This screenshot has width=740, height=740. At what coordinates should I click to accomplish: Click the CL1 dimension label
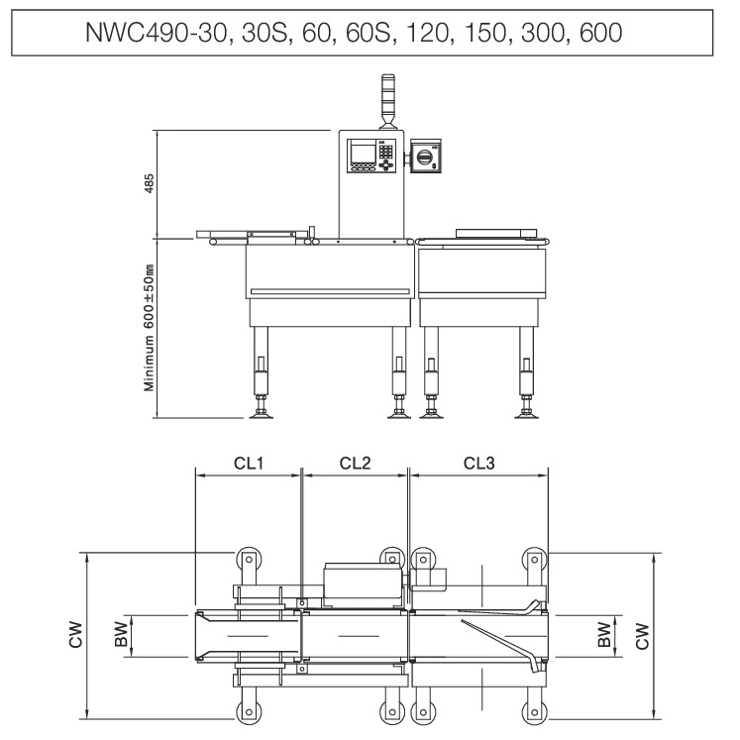(249, 463)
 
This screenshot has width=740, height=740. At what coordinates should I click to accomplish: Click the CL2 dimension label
(355, 463)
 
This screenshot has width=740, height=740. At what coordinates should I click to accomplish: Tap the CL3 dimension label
(479, 463)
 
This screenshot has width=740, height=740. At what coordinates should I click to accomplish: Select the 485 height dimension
(149, 183)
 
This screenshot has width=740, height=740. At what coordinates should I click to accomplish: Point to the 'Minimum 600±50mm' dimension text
(149, 327)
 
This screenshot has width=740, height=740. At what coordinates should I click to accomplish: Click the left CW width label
(75, 635)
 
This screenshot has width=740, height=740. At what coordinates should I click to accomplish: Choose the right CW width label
(642, 636)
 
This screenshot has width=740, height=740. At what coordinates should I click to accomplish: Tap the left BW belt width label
(121, 634)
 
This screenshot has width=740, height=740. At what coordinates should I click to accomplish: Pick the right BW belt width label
(604, 635)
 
